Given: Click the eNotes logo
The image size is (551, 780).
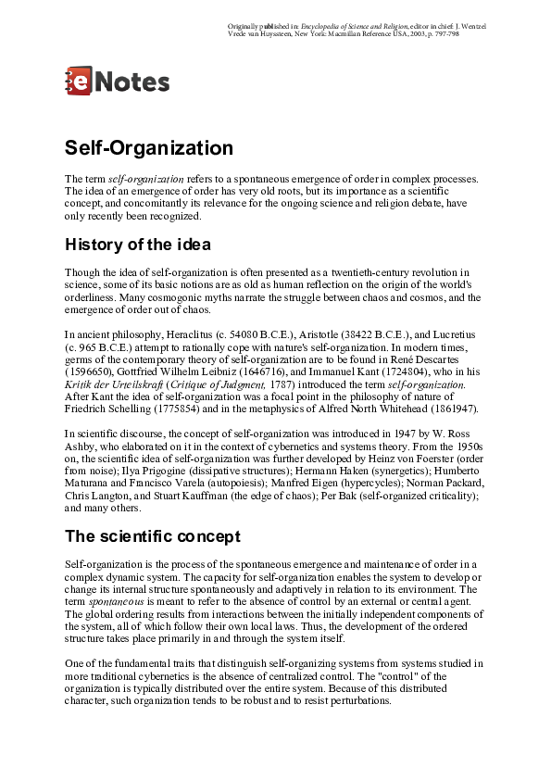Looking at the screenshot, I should (x=117, y=82).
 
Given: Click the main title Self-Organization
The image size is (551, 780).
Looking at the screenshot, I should (x=148, y=148).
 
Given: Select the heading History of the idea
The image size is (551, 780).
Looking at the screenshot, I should (x=138, y=245).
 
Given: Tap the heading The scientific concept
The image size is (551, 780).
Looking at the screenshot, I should (x=153, y=536).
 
